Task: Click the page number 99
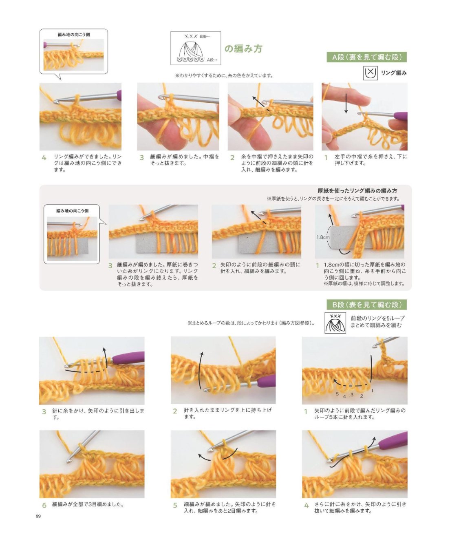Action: [x=38, y=516]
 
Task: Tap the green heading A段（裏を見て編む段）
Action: [x=366, y=57]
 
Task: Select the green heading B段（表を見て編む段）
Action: [x=366, y=305]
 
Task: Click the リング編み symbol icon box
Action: [x=370, y=73]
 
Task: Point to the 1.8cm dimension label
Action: [x=323, y=237]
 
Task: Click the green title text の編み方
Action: [x=243, y=49]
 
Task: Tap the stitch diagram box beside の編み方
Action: [x=196, y=48]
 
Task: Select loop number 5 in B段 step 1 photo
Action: [x=337, y=394]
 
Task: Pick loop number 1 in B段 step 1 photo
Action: [x=372, y=390]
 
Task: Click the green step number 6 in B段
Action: [x=44, y=505]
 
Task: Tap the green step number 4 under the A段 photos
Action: [x=44, y=158]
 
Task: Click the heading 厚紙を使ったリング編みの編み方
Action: [x=357, y=191]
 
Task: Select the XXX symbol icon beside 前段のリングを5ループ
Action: [x=335, y=323]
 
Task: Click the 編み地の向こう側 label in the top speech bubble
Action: [x=74, y=35]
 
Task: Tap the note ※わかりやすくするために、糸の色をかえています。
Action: [x=224, y=75]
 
